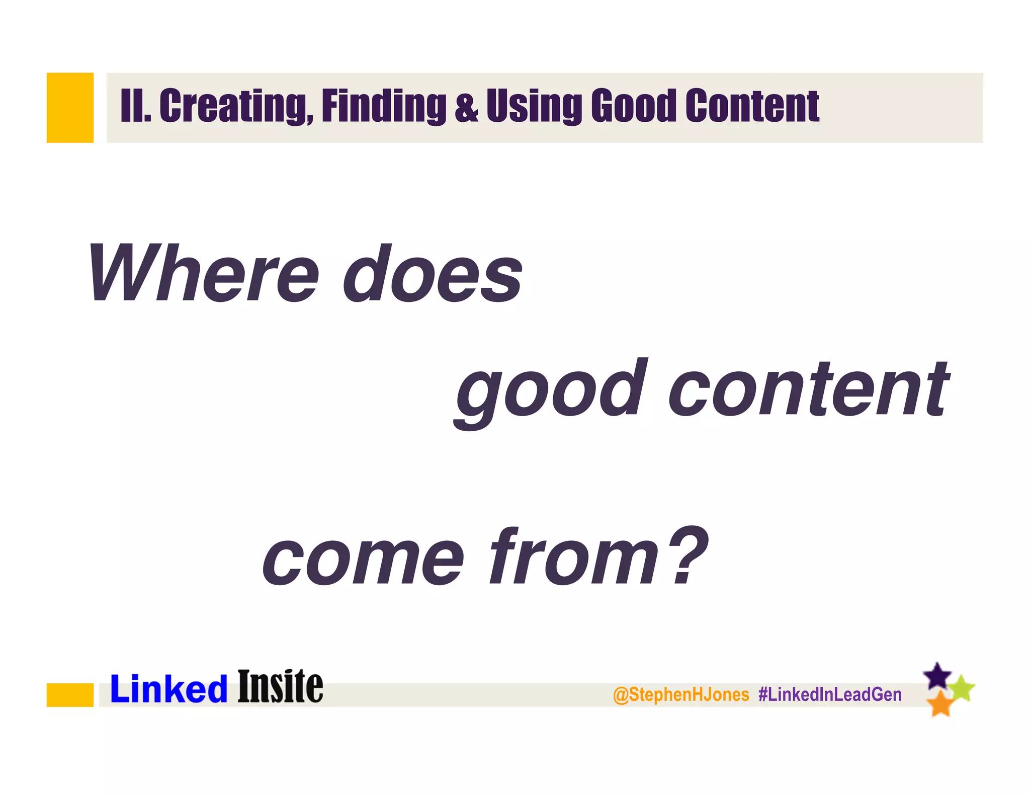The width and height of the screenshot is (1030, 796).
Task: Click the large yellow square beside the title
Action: [70, 108]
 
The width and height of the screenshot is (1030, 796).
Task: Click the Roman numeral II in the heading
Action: [135, 106]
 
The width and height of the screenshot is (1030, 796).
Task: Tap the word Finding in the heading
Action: [384, 106]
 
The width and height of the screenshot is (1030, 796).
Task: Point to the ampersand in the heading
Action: [466, 107]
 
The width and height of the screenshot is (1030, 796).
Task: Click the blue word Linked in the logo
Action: [169, 689]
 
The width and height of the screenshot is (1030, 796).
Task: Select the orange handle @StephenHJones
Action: [681, 695]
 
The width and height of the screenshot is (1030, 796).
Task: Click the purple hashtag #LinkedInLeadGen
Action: [830, 695]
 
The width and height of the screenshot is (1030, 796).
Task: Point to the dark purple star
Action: [937, 676]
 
